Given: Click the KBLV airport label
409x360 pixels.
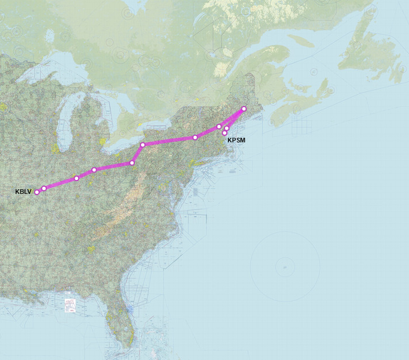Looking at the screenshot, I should point(23,191).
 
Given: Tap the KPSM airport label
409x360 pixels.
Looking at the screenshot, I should point(236,140).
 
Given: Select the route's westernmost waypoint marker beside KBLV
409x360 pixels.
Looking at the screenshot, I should point(37,192).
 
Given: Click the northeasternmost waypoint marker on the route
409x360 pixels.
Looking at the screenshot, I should point(244,109).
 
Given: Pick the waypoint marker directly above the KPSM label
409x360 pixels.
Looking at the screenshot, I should point(225,133).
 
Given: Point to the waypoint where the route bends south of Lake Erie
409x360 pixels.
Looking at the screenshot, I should point(132,163).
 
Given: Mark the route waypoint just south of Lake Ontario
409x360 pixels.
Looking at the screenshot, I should point(143,145).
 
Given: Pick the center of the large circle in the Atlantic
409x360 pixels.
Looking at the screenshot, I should point(285,267).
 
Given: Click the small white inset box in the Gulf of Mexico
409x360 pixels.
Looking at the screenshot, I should point(70,304).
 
